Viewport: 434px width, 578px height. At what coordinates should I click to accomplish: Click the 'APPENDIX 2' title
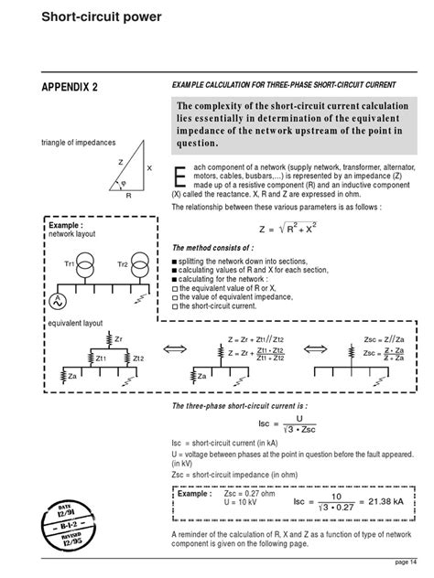click(71, 87)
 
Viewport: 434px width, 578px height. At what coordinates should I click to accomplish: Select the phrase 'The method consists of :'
click(209, 248)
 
